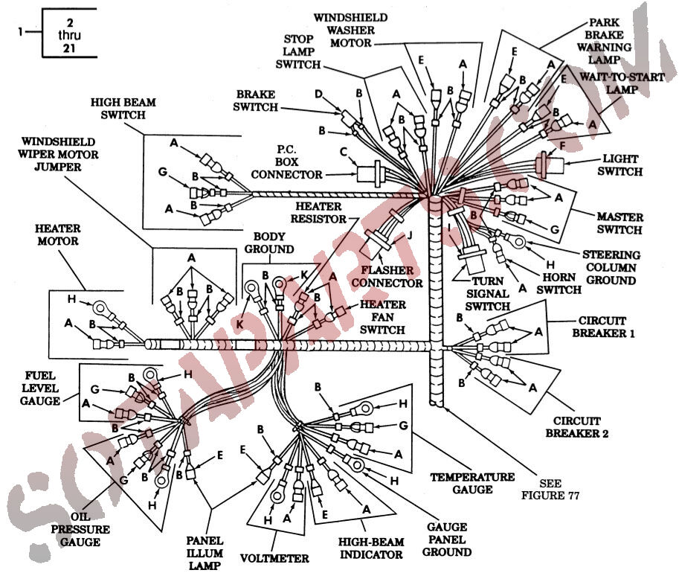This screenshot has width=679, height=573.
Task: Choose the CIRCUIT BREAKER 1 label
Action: [603, 327]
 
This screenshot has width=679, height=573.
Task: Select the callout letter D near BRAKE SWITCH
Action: [319, 95]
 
